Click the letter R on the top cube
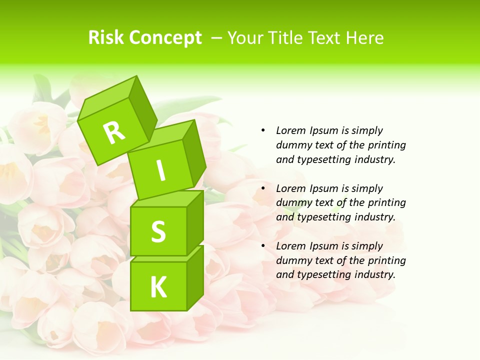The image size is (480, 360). point(114,132)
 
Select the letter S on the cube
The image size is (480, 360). point(158,231)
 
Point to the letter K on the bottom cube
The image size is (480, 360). point(158,287)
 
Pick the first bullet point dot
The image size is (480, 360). point(263,130)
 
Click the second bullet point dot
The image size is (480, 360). point(263,188)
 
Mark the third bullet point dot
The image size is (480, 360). point(263,246)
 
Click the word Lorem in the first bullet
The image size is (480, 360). point(290,130)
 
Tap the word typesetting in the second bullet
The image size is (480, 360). point(325,217)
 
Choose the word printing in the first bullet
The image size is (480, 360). point(387,145)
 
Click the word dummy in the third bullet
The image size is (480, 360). point(292,260)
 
